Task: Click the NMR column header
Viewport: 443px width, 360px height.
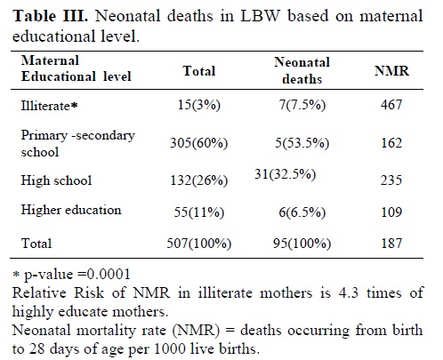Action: point(391,71)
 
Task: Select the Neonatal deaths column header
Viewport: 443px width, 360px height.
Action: point(302,70)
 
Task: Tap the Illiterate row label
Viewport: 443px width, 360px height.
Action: point(49,105)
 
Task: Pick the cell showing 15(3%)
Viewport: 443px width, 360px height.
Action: point(199,105)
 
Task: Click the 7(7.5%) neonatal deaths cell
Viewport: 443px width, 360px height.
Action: point(302,105)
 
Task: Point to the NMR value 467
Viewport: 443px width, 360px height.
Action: point(391,105)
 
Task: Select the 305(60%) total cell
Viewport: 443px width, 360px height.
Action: point(199,143)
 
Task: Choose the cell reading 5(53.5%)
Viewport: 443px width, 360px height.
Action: point(302,143)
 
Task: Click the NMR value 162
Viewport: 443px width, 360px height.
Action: point(391,143)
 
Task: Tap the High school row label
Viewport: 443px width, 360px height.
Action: point(56,180)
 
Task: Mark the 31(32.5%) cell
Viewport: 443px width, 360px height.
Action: point(285,174)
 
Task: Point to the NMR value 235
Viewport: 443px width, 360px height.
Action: point(391,180)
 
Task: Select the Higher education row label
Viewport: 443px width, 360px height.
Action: point(71,210)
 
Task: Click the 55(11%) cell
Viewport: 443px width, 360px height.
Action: point(199,212)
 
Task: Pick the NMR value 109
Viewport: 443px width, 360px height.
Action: point(391,212)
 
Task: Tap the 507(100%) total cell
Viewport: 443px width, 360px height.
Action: point(199,244)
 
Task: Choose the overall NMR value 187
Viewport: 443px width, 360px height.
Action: point(391,243)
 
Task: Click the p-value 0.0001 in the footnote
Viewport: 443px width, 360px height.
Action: point(109,274)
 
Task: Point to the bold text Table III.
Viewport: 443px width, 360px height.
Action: point(51,16)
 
